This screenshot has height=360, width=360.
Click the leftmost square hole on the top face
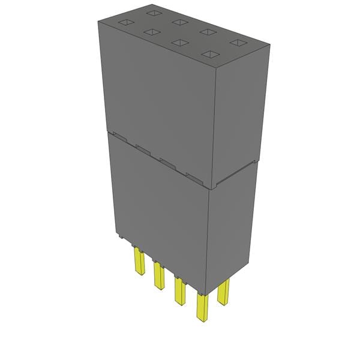click(125, 23)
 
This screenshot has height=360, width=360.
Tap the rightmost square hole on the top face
click(238, 43)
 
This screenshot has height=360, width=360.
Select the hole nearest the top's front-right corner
click(210, 54)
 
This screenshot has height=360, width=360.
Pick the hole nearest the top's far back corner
click(153, 12)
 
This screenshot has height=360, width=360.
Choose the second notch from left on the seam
click(143, 148)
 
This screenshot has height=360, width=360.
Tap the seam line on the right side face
click(234, 174)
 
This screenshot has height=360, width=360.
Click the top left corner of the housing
click(99, 20)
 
